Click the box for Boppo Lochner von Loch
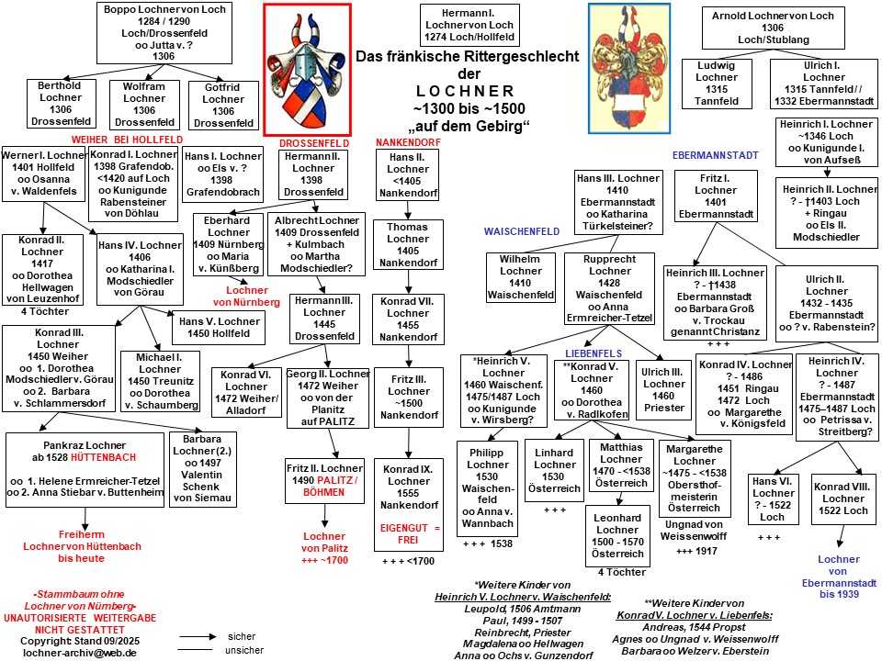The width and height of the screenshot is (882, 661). (164, 33)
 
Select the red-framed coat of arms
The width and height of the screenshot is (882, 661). (308, 70)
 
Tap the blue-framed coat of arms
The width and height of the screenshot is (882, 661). (629, 69)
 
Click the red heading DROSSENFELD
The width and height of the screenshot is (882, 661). (314, 143)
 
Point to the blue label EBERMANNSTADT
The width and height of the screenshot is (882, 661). (716, 155)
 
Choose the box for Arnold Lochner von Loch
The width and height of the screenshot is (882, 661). (773, 28)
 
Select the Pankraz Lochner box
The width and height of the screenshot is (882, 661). (85, 469)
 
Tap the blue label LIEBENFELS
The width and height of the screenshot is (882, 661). (594, 353)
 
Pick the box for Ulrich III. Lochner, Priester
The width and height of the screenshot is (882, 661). (663, 390)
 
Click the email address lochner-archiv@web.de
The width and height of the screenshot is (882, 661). (79, 653)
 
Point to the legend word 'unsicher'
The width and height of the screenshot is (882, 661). (244, 650)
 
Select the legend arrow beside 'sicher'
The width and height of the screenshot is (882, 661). (198, 637)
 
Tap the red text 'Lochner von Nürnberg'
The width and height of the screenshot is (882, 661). (246, 297)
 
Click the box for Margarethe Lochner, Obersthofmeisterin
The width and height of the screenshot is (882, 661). (695, 478)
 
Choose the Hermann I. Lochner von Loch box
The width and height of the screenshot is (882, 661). (469, 25)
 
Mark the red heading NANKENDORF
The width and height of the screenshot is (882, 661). (408, 143)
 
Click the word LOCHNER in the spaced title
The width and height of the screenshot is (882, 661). (465, 91)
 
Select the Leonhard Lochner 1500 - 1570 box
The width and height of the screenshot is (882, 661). (617, 536)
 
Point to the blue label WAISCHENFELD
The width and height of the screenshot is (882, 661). (522, 231)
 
